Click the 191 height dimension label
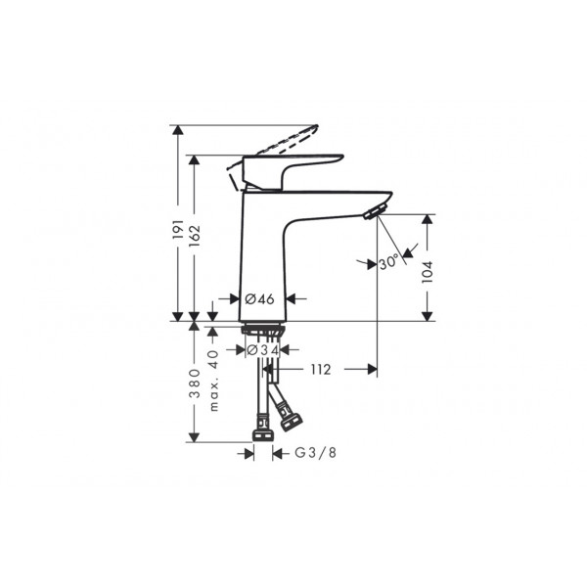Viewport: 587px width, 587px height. point(179,230)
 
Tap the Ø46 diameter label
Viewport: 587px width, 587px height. point(259,298)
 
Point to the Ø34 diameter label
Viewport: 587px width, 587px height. point(263,350)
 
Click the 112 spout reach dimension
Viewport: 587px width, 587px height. point(321,370)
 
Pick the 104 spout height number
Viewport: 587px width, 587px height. point(428,272)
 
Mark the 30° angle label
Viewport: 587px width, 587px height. point(388,262)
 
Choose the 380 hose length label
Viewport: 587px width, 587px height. point(195,383)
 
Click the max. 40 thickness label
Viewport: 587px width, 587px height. point(213,381)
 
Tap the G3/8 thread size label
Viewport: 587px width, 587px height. point(316,453)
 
